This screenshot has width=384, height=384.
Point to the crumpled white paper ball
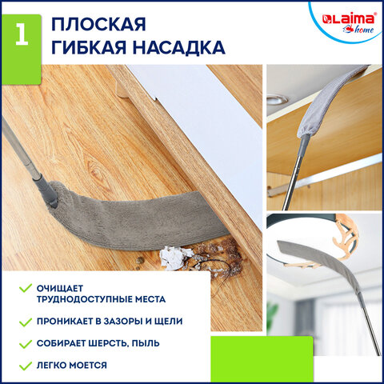click(172, 257)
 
